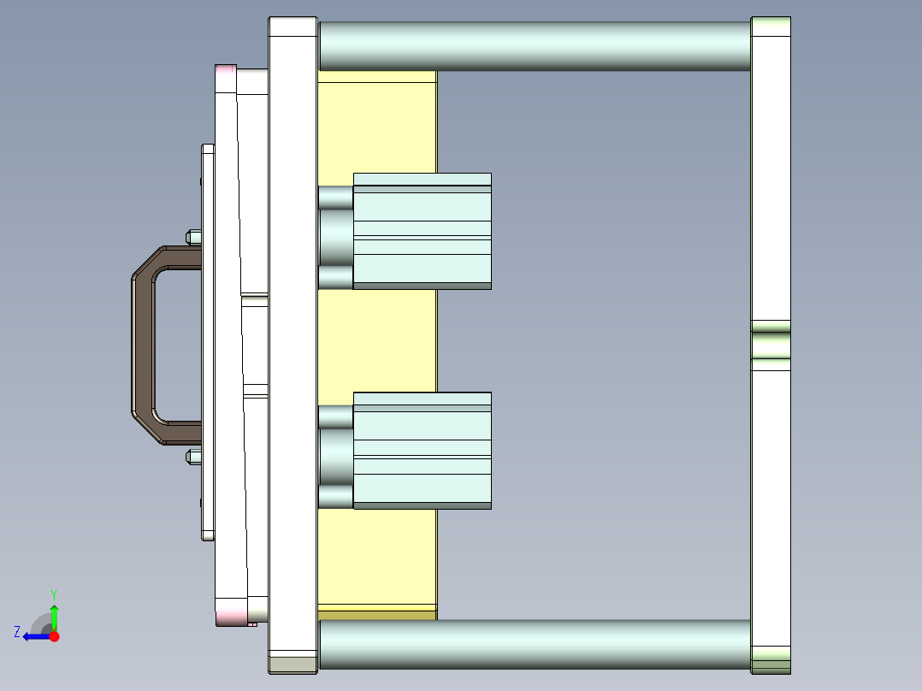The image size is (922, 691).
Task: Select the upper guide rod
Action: [535, 46]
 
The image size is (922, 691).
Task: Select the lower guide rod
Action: [535, 644]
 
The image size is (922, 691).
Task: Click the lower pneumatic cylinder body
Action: [423, 452]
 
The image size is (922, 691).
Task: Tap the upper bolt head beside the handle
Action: [193, 236]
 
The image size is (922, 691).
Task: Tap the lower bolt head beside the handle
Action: [193, 457]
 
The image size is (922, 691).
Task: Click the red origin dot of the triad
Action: [54, 636]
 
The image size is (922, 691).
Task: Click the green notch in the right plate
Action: [771, 345]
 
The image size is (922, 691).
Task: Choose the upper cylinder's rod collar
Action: [335, 237]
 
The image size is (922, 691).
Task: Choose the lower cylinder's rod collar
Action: [335, 457]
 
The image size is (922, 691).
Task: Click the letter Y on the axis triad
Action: [53, 594]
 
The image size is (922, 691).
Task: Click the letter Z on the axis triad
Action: [17, 632]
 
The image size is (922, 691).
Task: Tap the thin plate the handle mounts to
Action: [208, 342]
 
